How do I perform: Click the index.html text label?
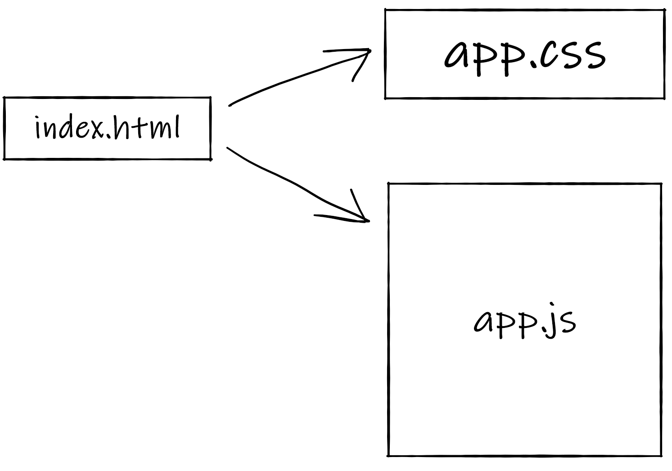[x=107, y=128]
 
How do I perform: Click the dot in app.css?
[x=533, y=66]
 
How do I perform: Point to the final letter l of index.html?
[x=176, y=127]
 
